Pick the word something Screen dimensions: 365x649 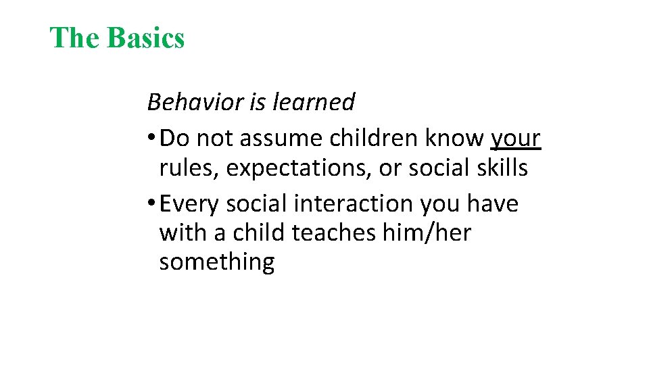click(x=216, y=262)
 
